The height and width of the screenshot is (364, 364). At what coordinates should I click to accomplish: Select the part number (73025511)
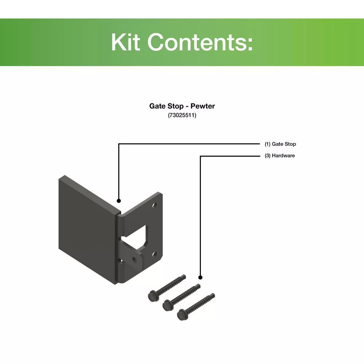pos(182,115)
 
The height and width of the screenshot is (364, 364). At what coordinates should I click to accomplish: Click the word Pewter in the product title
pos(203,106)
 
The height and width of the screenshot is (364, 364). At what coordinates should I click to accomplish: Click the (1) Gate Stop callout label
pos(280,144)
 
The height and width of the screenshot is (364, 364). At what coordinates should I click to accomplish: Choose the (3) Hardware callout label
pos(280,155)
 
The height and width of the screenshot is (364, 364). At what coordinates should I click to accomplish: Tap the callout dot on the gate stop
pos(119,201)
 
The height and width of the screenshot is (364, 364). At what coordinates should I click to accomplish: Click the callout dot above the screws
pos(200,277)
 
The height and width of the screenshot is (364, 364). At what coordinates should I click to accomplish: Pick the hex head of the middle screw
pos(167,305)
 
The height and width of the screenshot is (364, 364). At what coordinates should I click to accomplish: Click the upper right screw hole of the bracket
pos(154,205)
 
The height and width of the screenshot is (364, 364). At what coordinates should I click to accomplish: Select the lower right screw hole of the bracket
pos(154,254)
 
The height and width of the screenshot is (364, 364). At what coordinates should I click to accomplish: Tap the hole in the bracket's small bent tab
pos(134,259)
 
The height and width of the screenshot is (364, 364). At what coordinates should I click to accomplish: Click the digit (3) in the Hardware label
pos(268,155)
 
